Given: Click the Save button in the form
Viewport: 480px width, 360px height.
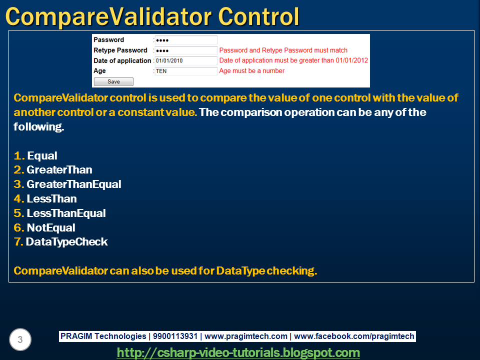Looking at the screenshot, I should click(x=113, y=81).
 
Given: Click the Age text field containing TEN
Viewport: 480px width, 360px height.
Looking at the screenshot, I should click(x=185, y=71).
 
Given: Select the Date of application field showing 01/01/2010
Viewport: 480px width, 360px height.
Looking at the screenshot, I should click(x=185, y=60).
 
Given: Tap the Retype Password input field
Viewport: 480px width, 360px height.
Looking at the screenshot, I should click(x=185, y=50).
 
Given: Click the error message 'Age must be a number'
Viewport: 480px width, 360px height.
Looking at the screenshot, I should click(x=251, y=71).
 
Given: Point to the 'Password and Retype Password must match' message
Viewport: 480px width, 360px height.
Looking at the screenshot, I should click(x=283, y=50).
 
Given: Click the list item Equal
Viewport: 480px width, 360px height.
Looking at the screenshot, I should click(x=42, y=155).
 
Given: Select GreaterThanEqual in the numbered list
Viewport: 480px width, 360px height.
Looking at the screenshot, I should click(x=73, y=184).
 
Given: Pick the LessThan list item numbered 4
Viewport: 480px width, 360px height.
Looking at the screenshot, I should click(x=51, y=198).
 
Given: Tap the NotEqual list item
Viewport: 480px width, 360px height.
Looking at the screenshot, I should click(x=51, y=227).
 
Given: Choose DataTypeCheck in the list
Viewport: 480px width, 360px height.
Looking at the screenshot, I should click(x=66, y=242).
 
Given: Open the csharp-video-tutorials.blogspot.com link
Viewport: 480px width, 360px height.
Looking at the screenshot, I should click(x=238, y=352).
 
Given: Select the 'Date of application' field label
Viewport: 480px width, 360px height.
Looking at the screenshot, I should click(x=122, y=60).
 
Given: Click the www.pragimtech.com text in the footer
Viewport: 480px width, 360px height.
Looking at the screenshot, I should click(x=246, y=336).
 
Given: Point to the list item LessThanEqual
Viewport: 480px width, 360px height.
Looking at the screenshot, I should click(x=66, y=213).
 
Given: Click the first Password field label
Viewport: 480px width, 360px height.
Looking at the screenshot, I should click(x=108, y=40).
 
